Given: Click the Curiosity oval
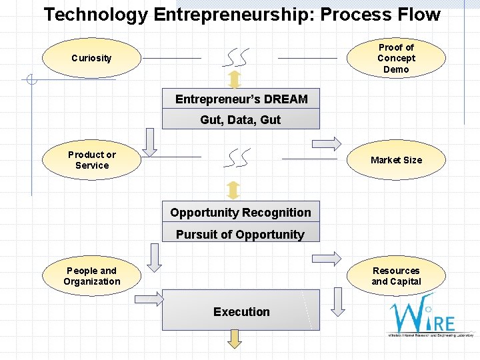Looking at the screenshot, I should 91,58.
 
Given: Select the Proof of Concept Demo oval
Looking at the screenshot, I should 396,58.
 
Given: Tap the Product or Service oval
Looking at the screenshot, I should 91,160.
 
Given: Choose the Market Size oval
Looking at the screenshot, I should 396,160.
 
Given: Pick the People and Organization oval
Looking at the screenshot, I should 91,276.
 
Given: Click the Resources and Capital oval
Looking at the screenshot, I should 396,276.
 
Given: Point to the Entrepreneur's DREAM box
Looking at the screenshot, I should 241,99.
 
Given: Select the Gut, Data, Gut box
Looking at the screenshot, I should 241,120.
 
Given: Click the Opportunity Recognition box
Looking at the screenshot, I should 241,213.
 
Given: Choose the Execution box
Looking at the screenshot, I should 241,311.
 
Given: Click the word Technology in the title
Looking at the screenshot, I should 96,15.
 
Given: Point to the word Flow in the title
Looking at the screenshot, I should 418,15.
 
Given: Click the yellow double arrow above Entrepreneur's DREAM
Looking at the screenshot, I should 234,80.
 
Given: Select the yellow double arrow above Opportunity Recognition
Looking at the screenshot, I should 233,190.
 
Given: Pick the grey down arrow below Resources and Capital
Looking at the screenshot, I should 338,301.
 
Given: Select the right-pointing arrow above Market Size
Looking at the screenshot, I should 327,143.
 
